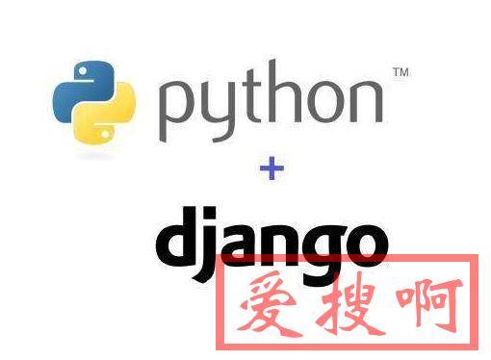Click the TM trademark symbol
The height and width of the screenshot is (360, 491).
point(400,71)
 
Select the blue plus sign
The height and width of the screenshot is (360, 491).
point(272,169)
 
